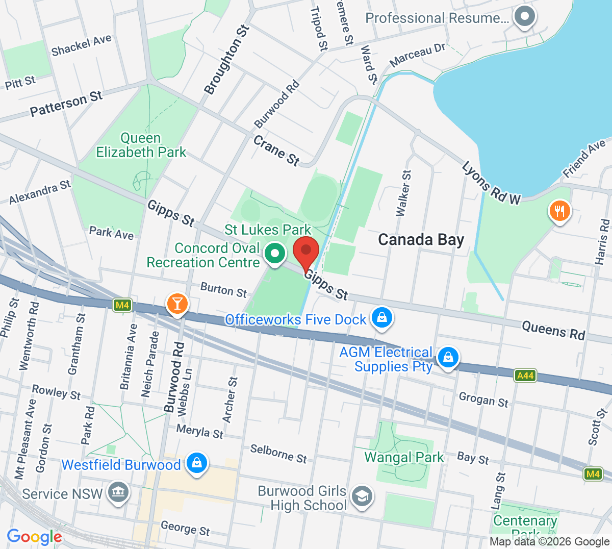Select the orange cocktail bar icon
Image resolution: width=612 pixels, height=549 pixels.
click(177, 304)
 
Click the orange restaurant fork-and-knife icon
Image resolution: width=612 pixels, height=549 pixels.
click(559, 211)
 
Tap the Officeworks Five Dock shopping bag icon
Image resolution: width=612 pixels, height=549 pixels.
click(381, 318)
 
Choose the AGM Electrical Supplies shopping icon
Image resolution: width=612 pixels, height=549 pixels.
click(448, 357)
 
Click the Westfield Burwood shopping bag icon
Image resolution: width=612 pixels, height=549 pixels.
click(197, 463)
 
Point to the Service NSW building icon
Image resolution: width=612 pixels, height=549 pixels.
click(118, 493)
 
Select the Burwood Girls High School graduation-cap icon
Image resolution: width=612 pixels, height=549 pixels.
click(362, 496)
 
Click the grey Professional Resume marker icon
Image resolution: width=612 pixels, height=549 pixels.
click(524, 16)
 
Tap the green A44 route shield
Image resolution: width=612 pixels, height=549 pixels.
click(525, 376)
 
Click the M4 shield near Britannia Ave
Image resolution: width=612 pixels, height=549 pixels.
click(122, 306)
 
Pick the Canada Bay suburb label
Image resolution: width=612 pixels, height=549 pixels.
click(421, 240)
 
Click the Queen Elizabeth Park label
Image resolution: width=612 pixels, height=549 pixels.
click(141, 145)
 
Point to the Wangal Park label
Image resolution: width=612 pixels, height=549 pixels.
click(404, 457)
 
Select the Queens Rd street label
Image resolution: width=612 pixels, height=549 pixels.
click(553, 331)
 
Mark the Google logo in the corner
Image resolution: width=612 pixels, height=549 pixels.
click(34, 537)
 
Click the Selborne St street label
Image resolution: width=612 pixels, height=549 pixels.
click(278, 454)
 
